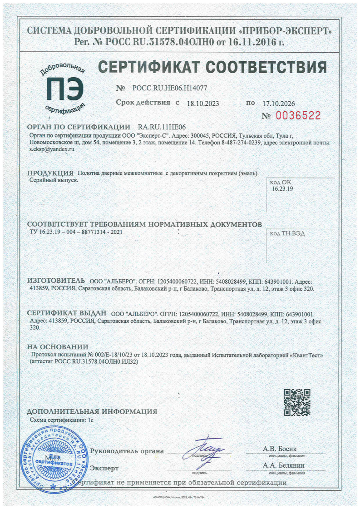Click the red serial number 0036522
(x=297, y=115)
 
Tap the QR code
(x=297, y=402)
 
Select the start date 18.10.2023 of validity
(x=203, y=103)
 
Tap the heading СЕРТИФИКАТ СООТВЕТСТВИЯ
(x=212, y=67)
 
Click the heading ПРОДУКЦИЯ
(x=50, y=173)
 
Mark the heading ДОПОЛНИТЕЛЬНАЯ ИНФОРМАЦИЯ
(x=92, y=412)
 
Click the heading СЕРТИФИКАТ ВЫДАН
(x=67, y=313)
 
